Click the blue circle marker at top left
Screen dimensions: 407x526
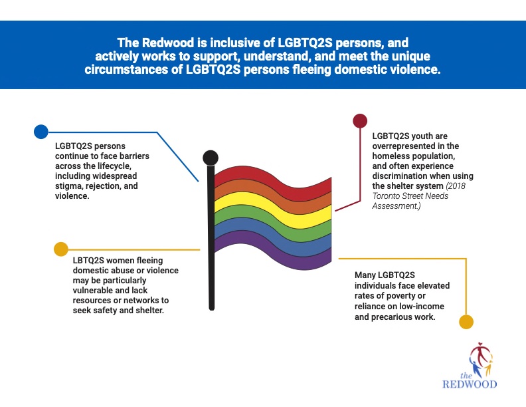(41, 131)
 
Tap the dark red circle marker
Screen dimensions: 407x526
(359, 120)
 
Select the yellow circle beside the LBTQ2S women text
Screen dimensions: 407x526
(60, 249)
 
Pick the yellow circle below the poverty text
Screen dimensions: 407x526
(466, 322)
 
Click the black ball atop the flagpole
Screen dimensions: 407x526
(210, 158)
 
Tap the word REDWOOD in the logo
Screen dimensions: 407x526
(470, 384)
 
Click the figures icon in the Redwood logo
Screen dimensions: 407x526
(481, 359)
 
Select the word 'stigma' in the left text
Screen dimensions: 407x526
(69, 187)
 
